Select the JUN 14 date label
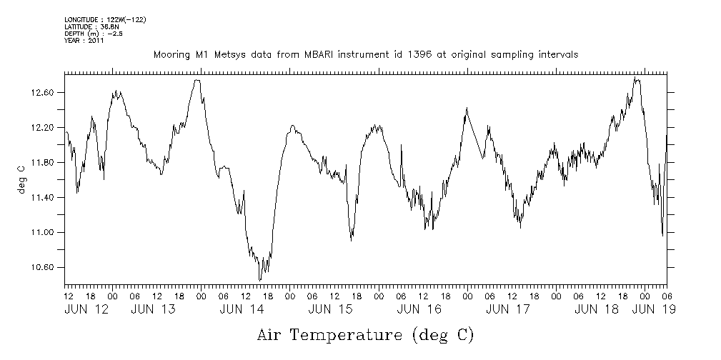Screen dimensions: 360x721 242,310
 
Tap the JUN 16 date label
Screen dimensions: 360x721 419,310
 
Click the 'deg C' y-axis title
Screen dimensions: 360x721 21,179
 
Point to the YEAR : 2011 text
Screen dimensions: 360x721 84,41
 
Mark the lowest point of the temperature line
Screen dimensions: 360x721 260,281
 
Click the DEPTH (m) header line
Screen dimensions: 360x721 93,34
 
